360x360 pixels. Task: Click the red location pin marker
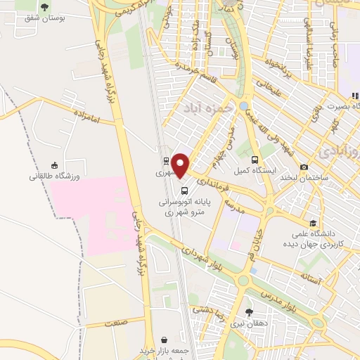click(181, 165)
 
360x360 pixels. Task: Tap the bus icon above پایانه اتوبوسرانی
click(184, 190)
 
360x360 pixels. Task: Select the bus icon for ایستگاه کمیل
click(255, 160)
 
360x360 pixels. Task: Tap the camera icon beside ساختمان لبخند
click(304, 167)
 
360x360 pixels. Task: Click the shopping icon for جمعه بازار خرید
click(164, 339)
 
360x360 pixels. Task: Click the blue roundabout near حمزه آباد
click(244, 105)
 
